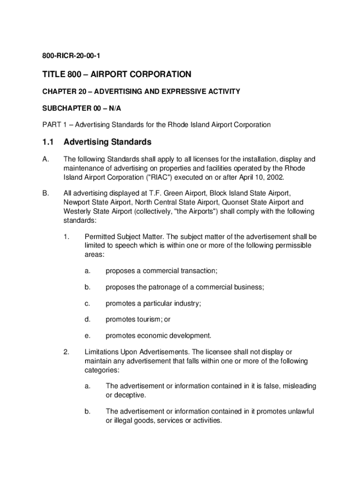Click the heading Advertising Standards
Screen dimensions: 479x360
[108, 141]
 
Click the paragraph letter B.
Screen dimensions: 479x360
[45, 193]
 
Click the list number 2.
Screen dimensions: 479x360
[66, 352]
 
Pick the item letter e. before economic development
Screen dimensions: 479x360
[87, 335]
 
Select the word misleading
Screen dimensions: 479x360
[294, 386]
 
